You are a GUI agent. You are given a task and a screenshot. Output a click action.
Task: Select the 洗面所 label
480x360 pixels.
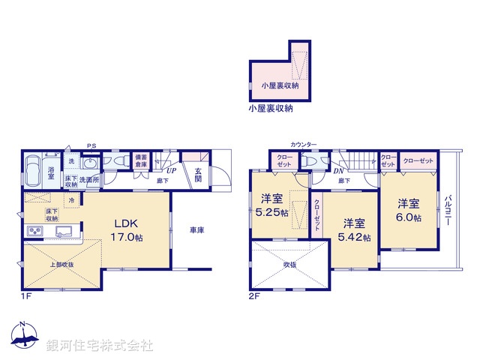(90, 181)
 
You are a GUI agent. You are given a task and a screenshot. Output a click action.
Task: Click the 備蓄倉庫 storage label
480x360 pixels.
(141, 163)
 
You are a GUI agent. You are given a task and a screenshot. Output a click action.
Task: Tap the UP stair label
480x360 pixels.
(172, 172)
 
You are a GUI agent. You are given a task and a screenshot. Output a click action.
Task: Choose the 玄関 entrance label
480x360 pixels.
(198, 175)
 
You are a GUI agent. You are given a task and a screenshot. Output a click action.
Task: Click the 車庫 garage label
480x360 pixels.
(197, 231)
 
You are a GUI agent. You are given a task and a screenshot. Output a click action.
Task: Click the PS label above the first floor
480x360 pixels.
(91, 145)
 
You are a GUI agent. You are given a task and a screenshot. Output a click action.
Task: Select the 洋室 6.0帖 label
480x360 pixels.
(409, 210)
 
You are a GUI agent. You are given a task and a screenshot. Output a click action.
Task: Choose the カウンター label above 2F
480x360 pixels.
(303, 144)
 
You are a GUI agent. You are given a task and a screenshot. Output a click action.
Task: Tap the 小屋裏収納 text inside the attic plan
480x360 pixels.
(280, 87)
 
